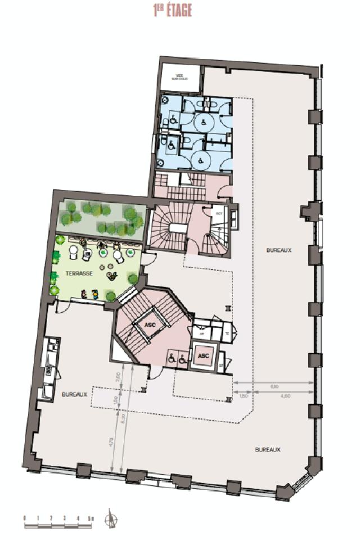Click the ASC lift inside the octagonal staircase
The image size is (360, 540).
tap(150, 325)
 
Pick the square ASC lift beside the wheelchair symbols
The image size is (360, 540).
tap(204, 356)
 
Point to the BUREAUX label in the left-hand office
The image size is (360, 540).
tap(75, 394)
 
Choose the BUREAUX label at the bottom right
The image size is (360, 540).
tap(268, 449)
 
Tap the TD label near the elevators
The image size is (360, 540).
tap(227, 334)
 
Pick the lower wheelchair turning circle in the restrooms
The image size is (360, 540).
tap(200, 160)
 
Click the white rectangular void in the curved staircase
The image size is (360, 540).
tap(179, 227)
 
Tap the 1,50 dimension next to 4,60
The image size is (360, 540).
tap(243, 397)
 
